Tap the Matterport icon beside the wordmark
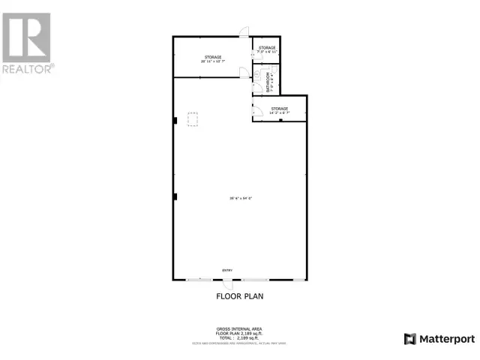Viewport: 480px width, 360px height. [409, 338]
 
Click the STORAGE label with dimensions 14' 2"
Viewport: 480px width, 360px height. [279, 111]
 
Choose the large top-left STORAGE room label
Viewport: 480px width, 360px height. [212, 59]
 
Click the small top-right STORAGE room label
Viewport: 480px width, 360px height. [267, 49]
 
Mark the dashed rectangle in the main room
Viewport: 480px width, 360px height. [193, 121]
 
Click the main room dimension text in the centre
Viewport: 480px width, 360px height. [241, 198]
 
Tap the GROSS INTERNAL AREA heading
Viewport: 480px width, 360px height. [239, 328]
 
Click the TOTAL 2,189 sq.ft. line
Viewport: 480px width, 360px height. [239, 338]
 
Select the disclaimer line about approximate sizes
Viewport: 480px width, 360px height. [239, 343]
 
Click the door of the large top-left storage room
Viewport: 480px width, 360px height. [243, 73]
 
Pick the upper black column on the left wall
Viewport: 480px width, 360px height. [175, 120]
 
